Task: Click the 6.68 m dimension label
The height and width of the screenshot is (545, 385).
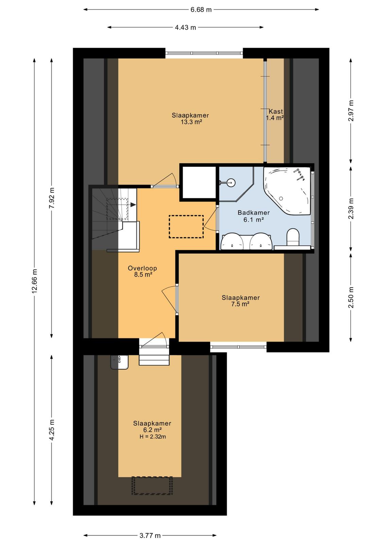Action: click(201, 10)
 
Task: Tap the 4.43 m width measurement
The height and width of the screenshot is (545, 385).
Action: click(185, 28)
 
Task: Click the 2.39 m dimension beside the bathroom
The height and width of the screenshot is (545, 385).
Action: click(351, 208)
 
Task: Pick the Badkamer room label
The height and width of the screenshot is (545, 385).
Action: click(254, 213)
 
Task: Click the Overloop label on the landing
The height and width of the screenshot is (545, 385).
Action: click(143, 268)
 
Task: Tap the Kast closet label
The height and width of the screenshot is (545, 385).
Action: click(276, 111)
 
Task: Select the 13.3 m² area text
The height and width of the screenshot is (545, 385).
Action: click(191, 122)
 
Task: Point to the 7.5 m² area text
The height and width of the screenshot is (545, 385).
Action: click(240, 304)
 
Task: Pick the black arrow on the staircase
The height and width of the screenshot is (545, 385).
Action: click(133, 205)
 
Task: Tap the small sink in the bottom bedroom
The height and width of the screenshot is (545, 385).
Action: click(119, 362)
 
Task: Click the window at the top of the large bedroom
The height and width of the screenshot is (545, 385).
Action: click(204, 53)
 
